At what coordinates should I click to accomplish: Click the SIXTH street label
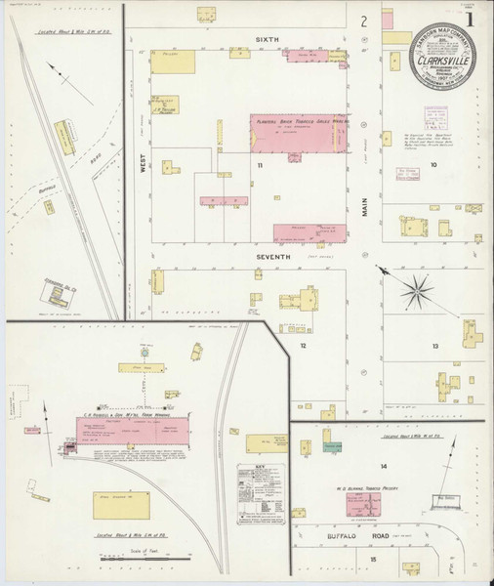click(268, 38)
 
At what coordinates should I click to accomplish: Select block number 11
click(261, 166)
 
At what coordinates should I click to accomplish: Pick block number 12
click(304, 345)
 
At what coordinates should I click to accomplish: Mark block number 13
click(433, 346)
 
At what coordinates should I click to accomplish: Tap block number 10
click(433, 165)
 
